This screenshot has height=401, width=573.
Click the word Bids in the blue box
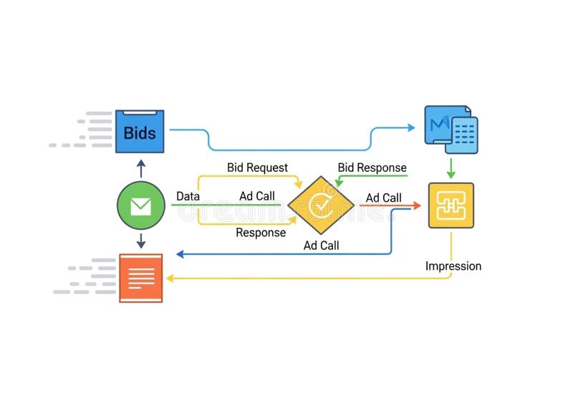[140, 132]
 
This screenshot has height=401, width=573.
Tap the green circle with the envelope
[140, 206]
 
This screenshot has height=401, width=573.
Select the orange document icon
[140, 278]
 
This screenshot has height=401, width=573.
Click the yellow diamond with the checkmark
[321, 206]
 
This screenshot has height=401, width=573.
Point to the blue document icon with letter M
[451, 130]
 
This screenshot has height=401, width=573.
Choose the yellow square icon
[451, 206]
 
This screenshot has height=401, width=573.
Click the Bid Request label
[257, 168]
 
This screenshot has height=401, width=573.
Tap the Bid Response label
[372, 168]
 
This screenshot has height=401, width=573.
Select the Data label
[188, 196]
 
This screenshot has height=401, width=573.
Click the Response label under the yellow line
[261, 233]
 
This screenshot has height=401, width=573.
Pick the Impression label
[453, 266]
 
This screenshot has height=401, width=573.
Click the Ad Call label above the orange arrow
[383, 198]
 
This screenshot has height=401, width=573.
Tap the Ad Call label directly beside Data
[256, 196]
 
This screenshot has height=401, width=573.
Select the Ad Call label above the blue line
[321, 245]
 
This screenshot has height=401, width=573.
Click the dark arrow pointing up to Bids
[140, 168]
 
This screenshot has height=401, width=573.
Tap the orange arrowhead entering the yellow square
[416, 206]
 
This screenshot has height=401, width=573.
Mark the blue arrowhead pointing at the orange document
[180, 254]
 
